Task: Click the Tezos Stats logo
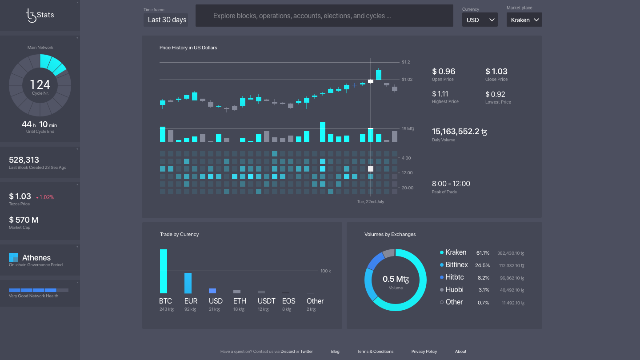click(x=40, y=15)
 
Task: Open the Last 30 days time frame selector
click(x=167, y=20)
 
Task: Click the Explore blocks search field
click(x=324, y=16)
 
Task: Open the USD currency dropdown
click(x=480, y=20)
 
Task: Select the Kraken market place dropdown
click(x=524, y=20)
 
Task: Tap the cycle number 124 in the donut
click(x=40, y=84)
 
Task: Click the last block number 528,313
click(x=24, y=160)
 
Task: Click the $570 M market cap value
click(x=24, y=220)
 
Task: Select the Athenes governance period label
click(x=36, y=258)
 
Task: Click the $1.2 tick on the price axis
click(x=406, y=62)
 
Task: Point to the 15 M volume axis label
click(x=408, y=129)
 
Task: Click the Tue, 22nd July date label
click(x=371, y=201)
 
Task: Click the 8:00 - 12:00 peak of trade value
click(x=451, y=184)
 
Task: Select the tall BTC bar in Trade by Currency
click(x=164, y=271)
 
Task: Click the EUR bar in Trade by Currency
click(x=188, y=283)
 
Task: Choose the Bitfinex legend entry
click(x=456, y=264)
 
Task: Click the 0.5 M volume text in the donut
click(x=396, y=279)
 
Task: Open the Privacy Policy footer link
click(x=424, y=352)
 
